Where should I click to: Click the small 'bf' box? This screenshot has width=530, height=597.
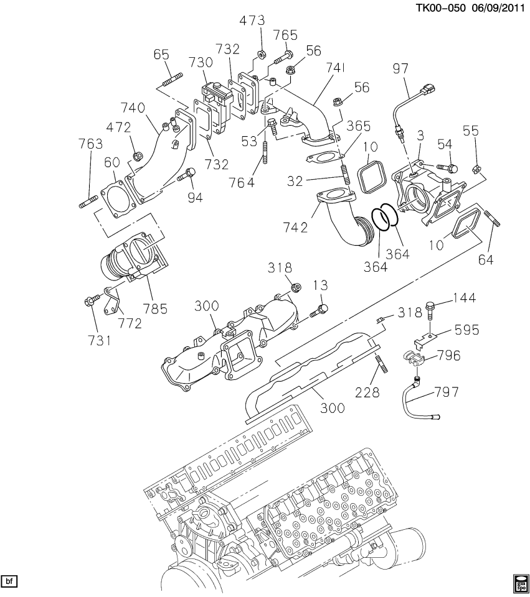(x=9, y=581)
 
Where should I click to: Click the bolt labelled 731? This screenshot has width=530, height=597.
(x=90, y=301)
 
